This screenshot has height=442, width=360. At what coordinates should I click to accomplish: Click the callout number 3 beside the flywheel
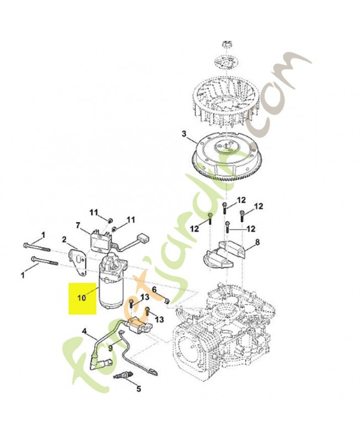pyautogui.click(x=184, y=134)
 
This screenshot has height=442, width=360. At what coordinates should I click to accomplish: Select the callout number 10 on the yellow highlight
pyautogui.click(x=81, y=297)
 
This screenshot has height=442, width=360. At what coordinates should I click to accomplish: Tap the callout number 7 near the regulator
pyautogui.click(x=78, y=225)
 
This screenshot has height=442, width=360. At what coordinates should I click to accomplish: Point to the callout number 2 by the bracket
pyautogui.click(x=65, y=240)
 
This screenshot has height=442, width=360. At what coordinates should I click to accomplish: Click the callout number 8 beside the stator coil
pyautogui.click(x=257, y=242)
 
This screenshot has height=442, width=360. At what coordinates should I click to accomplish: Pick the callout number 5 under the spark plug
pyautogui.click(x=138, y=388)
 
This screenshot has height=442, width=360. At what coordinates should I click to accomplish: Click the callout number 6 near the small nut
pyautogui.click(x=154, y=289)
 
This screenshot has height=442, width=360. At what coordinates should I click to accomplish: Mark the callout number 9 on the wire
pyautogui.click(x=110, y=349)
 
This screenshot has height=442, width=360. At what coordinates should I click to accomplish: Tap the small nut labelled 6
pyautogui.click(x=167, y=301)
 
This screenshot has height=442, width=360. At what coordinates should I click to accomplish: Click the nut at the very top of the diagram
pyautogui.click(x=226, y=44)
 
